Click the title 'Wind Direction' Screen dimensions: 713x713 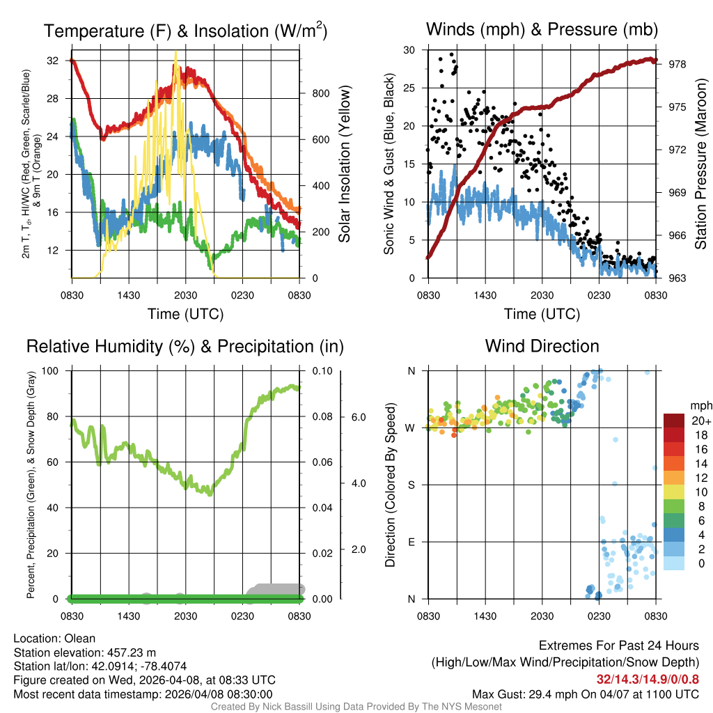coord(542,346)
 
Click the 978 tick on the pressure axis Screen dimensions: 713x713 coord(673,64)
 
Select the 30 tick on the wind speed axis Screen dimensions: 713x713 coord(409,50)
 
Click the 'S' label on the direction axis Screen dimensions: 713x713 coord(411,485)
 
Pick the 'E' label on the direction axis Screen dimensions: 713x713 coord(411,542)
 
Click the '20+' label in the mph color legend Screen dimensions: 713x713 coord(701,421)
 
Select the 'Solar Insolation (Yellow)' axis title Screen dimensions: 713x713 coord(344,163)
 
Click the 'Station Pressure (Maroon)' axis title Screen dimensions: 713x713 coord(700,163)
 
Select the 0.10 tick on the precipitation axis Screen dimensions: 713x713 coord(322,370)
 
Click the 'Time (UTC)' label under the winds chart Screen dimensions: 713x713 coord(542,314)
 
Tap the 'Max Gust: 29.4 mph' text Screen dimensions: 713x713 coord(533,694)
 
